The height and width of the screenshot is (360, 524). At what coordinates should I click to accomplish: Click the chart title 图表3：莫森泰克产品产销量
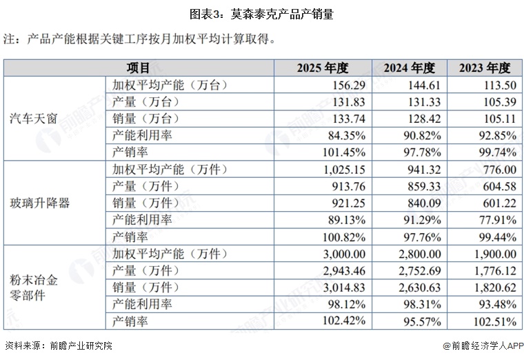coord(262,14)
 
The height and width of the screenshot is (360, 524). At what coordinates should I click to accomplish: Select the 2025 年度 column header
coord(323,68)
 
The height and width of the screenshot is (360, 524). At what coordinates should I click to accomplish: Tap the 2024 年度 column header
coord(410,68)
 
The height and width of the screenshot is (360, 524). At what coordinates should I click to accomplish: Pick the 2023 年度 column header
coord(485,68)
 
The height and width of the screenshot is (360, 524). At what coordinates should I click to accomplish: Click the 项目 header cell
coord(138,68)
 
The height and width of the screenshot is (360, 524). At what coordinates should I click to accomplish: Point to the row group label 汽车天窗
coord(33,119)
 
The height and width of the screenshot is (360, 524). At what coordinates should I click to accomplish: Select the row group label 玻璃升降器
coord(40,203)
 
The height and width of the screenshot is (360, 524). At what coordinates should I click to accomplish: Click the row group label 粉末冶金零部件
coord(33,288)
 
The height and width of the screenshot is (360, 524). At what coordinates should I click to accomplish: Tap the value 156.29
coord(349,86)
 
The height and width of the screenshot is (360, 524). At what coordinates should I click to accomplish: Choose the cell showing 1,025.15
coord(345,170)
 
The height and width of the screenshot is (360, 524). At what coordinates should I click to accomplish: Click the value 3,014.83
coord(345,288)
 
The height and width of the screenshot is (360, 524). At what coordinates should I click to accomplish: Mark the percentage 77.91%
coord(498,220)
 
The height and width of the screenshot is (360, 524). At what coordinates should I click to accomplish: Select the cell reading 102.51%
coord(495,321)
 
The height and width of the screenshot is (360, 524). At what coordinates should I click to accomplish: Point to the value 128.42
coord(425,119)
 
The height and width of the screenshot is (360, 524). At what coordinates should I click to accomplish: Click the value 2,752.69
coord(420,271)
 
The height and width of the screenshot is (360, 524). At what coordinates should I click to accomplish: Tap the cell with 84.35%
coord(347,136)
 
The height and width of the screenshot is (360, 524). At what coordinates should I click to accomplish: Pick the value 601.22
coord(500,203)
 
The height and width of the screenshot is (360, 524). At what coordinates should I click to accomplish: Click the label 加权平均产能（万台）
coord(170,86)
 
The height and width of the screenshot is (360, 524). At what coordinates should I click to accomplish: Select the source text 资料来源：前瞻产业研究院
coord(59,346)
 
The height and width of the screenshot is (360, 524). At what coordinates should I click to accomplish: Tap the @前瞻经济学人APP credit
coord(483,346)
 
